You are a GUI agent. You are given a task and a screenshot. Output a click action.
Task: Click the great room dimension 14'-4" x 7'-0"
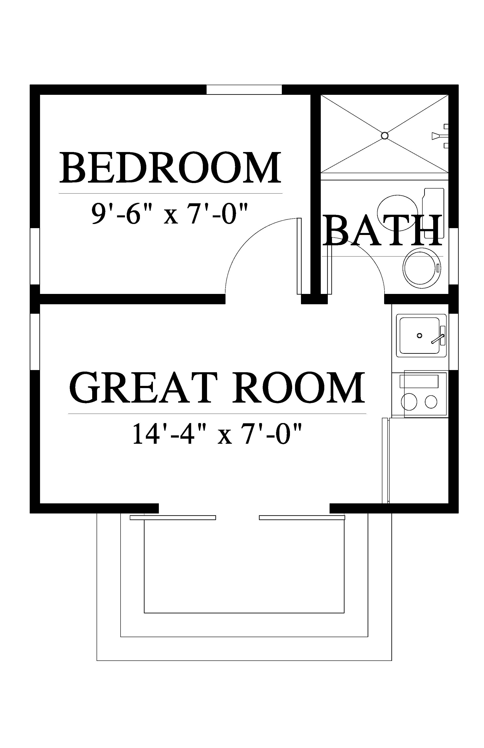click(x=217, y=433)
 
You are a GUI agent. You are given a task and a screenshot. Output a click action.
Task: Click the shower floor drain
click(x=384, y=136)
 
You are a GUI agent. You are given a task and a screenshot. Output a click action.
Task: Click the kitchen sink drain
click(x=419, y=336)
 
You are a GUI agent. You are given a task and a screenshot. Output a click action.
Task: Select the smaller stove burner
click(x=431, y=402)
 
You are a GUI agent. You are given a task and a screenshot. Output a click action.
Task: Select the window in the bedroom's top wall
click(x=244, y=90)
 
